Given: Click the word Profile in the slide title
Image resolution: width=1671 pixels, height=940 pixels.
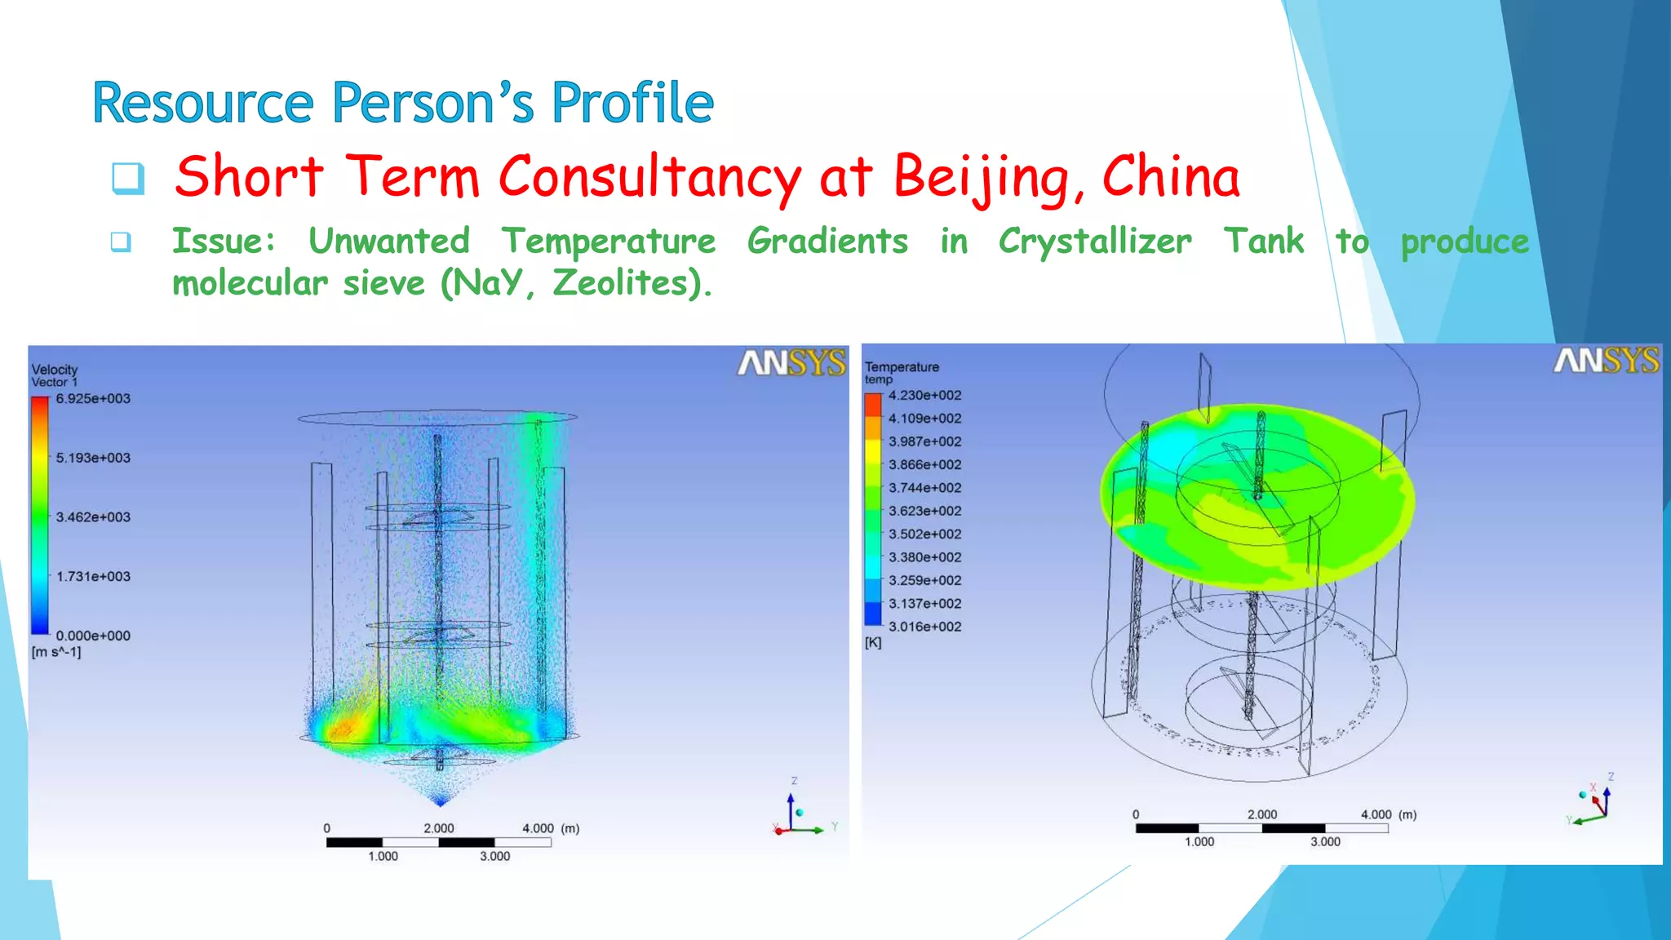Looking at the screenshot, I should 632,104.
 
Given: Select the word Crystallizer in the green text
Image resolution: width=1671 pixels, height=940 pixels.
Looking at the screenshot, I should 1094,242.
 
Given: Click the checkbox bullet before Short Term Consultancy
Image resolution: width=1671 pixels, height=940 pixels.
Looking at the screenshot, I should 128,178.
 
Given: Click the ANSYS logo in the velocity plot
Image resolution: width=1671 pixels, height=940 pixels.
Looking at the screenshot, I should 791,363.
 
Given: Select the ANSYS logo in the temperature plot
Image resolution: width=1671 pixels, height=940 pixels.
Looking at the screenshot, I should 1606,360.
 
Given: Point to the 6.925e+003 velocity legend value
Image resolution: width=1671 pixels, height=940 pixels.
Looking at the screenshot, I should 93,399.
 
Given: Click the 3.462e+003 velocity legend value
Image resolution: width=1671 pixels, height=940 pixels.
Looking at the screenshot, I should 93,517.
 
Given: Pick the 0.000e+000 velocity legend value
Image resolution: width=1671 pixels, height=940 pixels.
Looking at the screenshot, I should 93,636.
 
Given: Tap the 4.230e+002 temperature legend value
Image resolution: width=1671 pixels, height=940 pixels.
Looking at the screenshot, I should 924,396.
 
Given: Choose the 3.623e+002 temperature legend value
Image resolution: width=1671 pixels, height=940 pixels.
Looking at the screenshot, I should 924,511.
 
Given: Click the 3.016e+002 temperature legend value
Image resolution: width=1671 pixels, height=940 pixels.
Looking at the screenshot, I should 924,627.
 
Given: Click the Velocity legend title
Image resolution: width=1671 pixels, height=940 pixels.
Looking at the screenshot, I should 55,370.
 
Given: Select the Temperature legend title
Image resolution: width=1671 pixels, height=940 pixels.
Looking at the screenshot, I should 902,367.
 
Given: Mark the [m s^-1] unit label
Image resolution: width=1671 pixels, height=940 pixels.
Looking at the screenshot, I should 56,652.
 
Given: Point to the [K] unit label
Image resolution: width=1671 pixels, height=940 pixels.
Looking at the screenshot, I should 873,643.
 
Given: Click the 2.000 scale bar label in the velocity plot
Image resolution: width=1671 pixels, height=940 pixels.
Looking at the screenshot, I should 438,828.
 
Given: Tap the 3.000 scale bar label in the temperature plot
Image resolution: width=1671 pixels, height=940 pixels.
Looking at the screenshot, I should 1325,842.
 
